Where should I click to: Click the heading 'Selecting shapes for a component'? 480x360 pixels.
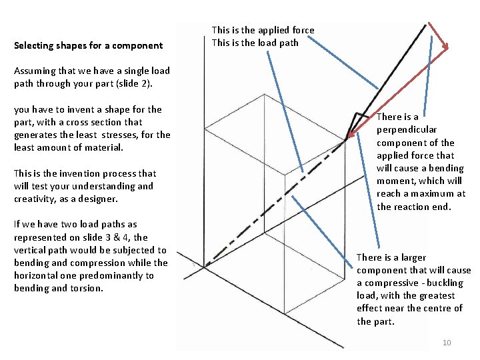coord(88,45)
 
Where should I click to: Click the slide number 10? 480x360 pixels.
coord(447,343)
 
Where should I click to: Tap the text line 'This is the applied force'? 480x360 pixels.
coord(263,30)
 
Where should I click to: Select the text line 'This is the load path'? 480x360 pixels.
coord(255,43)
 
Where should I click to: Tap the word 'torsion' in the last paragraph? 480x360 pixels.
coord(87,288)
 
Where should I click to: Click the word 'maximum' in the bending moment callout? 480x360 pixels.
coord(433,194)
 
